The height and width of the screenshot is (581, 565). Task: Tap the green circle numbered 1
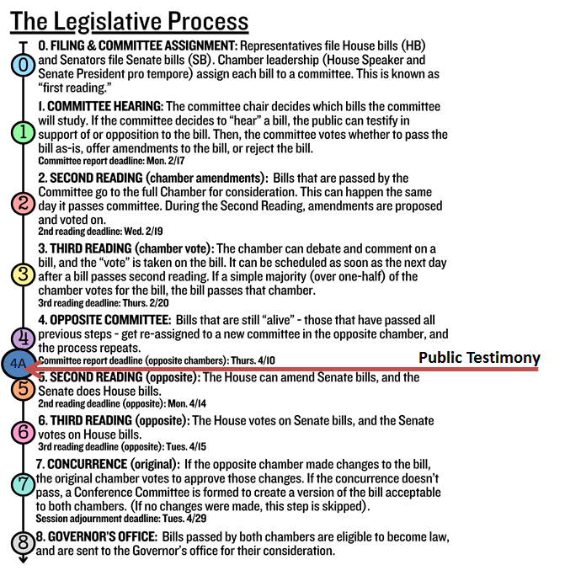point(24,132)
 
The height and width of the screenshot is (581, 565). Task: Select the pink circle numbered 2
point(24,203)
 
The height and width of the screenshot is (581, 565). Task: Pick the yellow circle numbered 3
point(24,275)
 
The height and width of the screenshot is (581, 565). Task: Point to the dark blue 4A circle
point(18,365)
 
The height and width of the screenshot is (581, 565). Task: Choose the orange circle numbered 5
point(24,389)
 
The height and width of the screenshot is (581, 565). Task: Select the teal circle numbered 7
point(24,484)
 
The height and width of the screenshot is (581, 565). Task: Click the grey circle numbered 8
point(24,543)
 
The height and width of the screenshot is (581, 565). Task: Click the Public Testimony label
point(479,358)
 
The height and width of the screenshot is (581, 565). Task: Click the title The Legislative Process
point(131,19)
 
